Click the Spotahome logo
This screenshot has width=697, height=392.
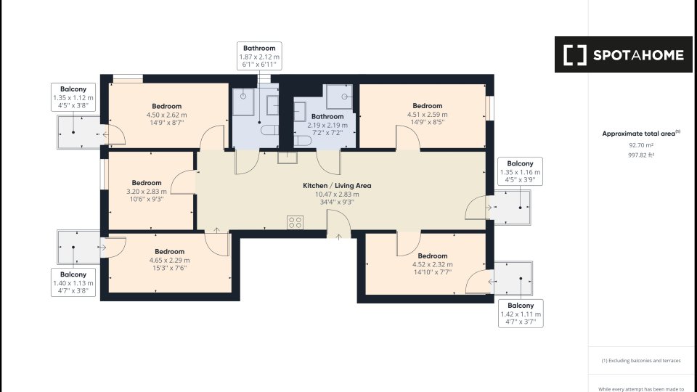(x=623, y=54)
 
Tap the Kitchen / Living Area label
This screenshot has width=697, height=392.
(x=337, y=185)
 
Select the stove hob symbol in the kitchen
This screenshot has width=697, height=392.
(x=295, y=222)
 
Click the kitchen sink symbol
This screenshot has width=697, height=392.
(x=288, y=158)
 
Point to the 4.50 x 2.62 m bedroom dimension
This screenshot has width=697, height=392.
(x=167, y=115)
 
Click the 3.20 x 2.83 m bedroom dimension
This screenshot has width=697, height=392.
(x=147, y=192)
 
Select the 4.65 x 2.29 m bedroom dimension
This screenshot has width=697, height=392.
(x=169, y=261)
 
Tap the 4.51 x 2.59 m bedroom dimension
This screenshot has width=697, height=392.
(x=427, y=115)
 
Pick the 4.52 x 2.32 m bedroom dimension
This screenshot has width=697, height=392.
(x=433, y=264)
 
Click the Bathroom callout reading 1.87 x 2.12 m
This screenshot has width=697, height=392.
(x=260, y=56)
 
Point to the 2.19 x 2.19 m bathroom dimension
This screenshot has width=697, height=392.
(x=327, y=126)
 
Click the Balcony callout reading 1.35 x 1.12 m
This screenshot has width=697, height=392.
(x=73, y=97)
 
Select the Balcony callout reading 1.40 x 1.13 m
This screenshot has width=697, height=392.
(x=73, y=282)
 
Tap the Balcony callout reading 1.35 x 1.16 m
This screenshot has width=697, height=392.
(x=520, y=171)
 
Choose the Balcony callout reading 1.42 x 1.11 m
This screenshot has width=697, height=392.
(x=521, y=314)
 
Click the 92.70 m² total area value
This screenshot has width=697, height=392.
(x=641, y=145)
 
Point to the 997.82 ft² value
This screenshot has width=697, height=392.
(x=641, y=155)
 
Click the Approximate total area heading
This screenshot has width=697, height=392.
(x=641, y=134)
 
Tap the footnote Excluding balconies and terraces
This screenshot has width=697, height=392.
(x=641, y=361)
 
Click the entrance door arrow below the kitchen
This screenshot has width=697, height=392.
(x=339, y=237)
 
